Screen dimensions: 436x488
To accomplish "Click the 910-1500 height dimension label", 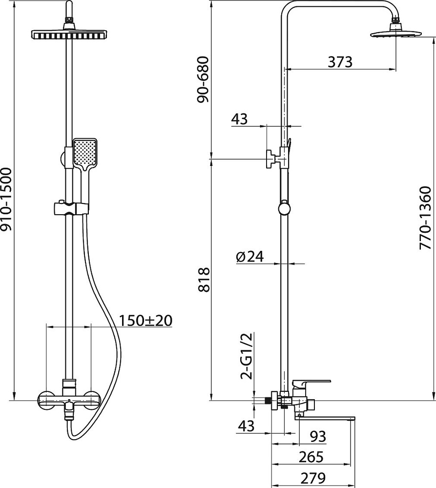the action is click(6, 199).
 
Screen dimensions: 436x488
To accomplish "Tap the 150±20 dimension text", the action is click(146, 321).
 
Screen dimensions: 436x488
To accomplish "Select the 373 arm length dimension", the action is click(340, 62).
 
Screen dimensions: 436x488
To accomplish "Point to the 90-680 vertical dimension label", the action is click(204, 80).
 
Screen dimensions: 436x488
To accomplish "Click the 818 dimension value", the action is click(204, 279).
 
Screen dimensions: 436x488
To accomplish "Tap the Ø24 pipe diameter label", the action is click(250, 257).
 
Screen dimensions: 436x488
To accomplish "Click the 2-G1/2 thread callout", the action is click(247, 356).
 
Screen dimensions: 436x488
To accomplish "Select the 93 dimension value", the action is click(318, 436).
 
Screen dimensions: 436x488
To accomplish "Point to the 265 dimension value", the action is click(311, 457).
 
